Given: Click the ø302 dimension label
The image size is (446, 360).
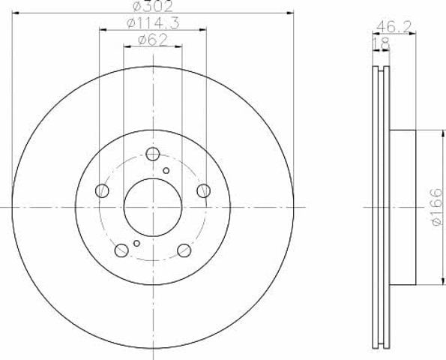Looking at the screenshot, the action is click(153, 6).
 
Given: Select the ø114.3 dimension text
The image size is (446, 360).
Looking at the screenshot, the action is click(153, 23).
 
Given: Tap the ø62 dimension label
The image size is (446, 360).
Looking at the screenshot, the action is click(153, 40).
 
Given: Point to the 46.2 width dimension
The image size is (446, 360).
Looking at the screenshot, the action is click(394, 27).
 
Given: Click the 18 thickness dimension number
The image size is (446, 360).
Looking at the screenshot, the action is click(381, 44).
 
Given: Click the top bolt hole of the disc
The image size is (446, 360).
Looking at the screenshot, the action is click(153, 154).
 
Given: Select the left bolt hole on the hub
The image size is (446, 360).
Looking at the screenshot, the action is click(102, 190).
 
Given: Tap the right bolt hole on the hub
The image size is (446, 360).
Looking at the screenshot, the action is click(204, 190).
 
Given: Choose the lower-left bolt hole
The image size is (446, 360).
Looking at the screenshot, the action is click(121, 250).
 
